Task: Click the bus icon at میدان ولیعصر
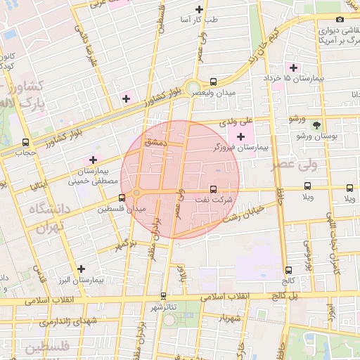pyautogui.click(x=214, y=81)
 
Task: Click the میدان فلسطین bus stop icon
pyautogui.click(x=122, y=198)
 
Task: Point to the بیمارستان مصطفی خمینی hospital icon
pyautogui.click(x=93, y=160)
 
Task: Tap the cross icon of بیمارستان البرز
pyautogui.click(x=82, y=269)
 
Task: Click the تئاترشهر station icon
pyautogui.click(x=164, y=296)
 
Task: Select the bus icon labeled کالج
pyautogui.click(x=288, y=270)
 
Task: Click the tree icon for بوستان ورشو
pyautogui.click(x=316, y=124)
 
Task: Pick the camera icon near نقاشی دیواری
pyautogui.click(x=340, y=20)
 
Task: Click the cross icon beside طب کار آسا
pyautogui.click(x=200, y=10)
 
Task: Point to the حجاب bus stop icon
pyautogui.click(x=26, y=141)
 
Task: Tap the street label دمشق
pyautogui.click(x=154, y=142)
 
